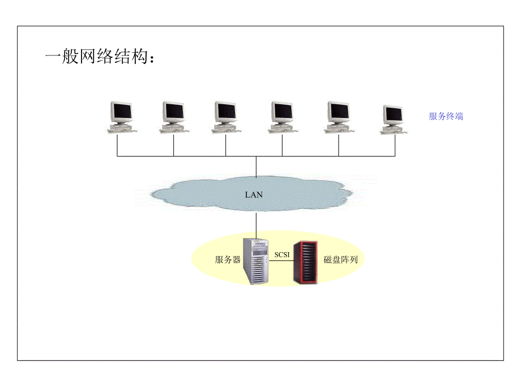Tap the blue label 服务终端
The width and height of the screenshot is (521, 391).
pyautogui.click(x=446, y=116)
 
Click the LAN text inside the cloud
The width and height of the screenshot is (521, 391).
pyautogui.click(x=254, y=194)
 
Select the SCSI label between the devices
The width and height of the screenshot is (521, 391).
pyautogui.click(x=281, y=255)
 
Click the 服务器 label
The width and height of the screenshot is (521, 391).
pyautogui.click(x=228, y=260)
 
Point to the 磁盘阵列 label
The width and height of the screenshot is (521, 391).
pyautogui.click(x=340, y=260)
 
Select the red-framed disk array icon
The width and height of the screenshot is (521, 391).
pyautogui.click(x=305, y=262)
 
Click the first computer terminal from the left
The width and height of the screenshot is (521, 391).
pyautogui.click(x=122, y=117)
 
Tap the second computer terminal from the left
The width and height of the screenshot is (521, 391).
pyautogui.click(x=173, y=117)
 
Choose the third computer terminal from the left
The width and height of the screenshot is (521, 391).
pyautogui.click(x=225, y=117)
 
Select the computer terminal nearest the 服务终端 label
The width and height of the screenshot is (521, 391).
pyautogui.click(x=394, y=119)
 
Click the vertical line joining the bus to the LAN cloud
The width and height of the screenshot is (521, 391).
pyautogui.click(x=256, y=166)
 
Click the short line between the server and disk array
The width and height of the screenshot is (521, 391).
pyautogui.click(x=281, y=262)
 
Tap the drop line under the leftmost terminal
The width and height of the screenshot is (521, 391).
pyautogui.click(x=117, y=145)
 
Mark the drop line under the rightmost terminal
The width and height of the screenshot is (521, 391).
pyautogui.click(x=395, y=145)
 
